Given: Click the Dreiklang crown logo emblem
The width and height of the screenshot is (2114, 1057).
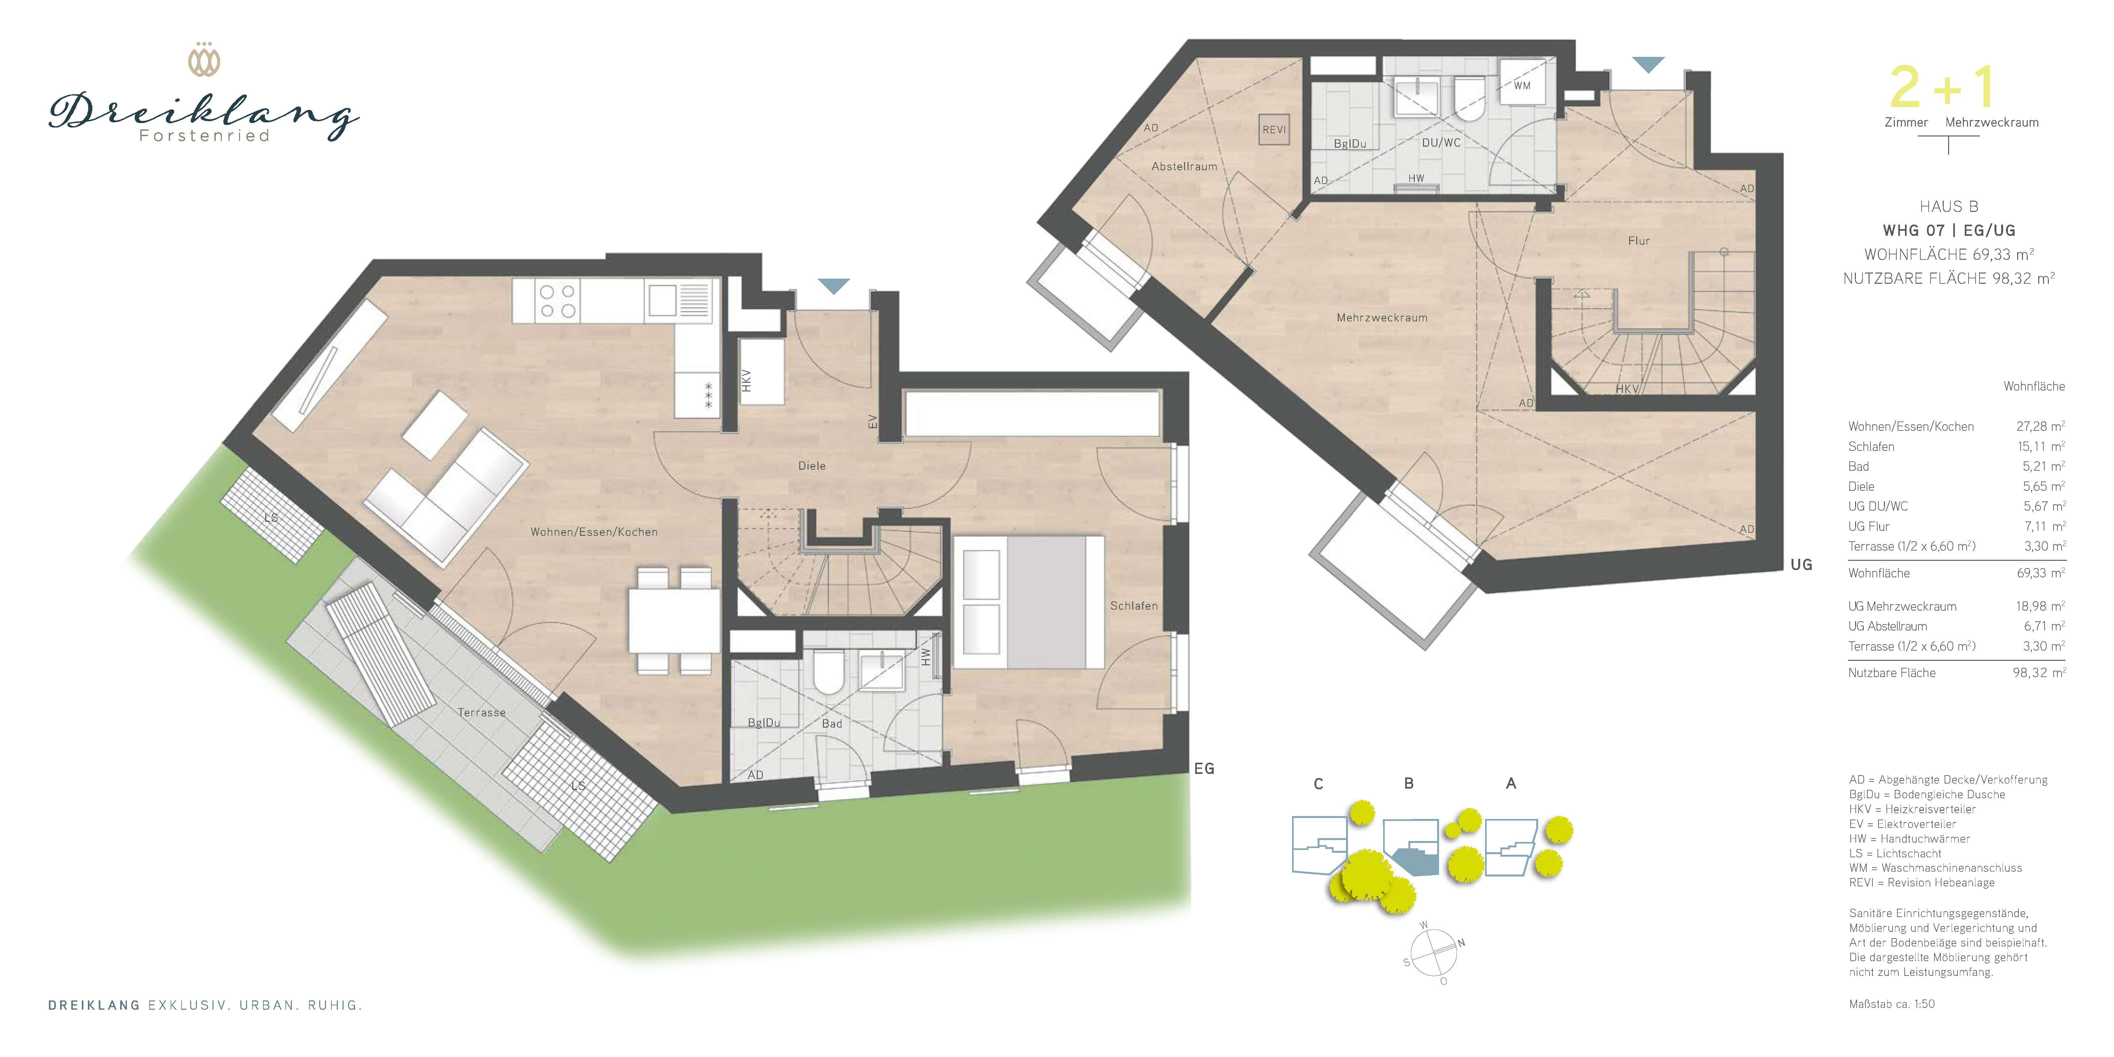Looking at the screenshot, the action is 204,60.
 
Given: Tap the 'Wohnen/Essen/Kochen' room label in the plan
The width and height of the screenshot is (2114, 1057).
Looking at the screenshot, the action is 594,532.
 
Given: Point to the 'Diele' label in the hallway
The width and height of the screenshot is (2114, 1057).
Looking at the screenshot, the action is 812,465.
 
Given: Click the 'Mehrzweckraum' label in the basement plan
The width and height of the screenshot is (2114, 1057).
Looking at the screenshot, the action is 1382,318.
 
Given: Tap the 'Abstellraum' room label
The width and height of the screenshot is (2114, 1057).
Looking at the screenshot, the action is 1184,166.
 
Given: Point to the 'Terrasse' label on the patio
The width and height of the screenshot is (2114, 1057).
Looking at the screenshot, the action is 482,712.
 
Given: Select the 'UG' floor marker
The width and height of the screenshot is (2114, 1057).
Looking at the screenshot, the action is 1801,565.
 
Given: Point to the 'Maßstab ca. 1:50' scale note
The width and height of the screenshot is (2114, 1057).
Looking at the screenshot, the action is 1892,1004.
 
